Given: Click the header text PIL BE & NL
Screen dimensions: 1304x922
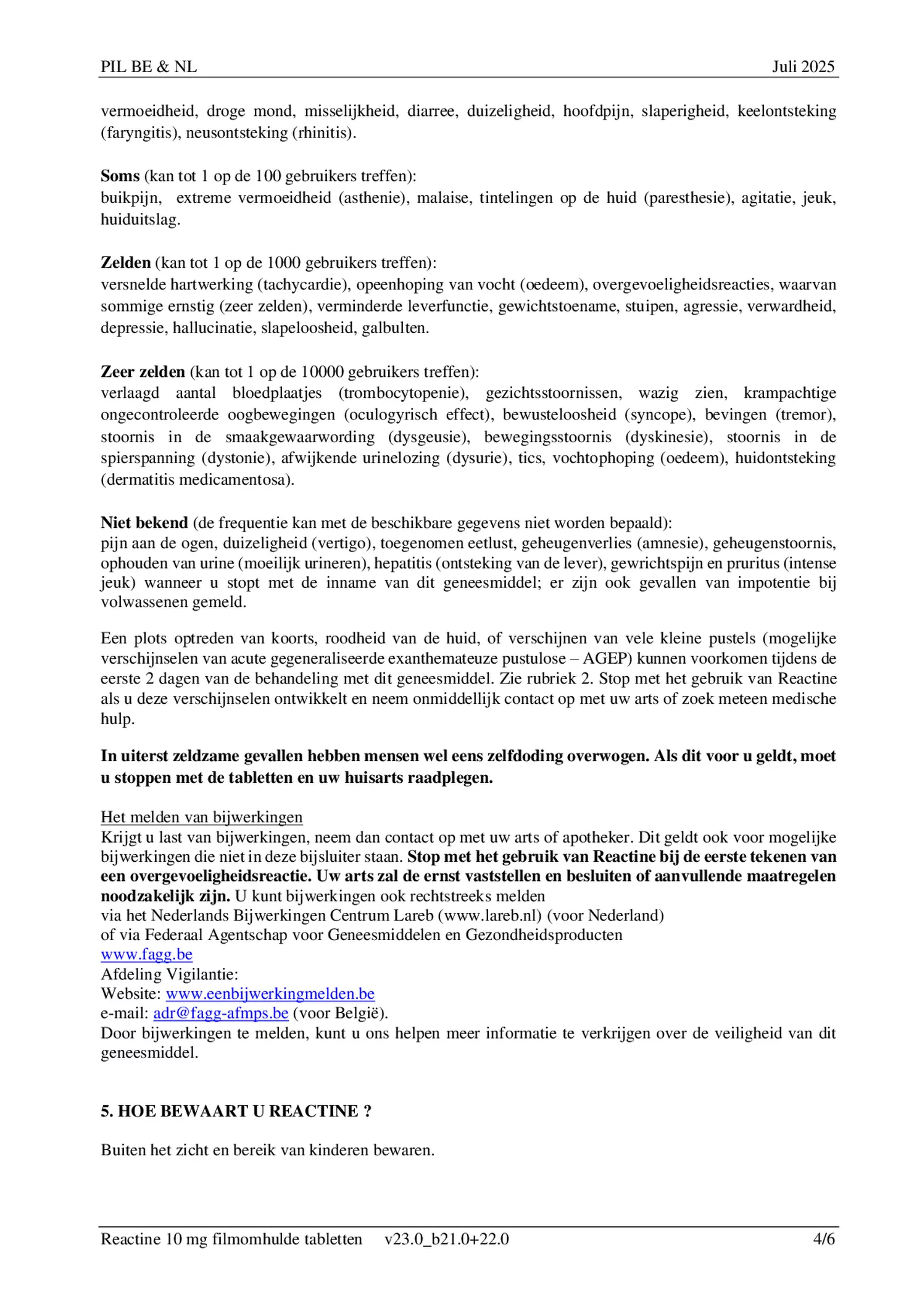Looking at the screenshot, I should coord(149,67).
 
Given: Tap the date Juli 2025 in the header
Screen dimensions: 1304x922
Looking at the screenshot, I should coord(803,67).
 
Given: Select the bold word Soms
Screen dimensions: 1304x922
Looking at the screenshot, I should coord(120,176).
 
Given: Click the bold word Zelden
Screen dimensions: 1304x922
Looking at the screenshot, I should coord(125,263).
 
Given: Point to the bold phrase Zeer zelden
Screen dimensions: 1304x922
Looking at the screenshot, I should coord(143,372).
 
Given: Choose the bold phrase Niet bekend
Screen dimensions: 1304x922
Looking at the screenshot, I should coord(144,523).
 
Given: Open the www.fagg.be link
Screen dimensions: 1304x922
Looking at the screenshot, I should coord(146,955).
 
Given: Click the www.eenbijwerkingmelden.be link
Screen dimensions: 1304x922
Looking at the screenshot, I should coord(270,994).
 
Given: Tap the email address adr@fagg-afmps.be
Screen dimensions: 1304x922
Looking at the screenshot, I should coord(220,1013).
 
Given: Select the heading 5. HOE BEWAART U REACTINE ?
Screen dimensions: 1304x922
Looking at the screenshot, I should coord(236,1111).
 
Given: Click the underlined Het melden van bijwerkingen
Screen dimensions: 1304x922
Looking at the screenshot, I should coord(201,817).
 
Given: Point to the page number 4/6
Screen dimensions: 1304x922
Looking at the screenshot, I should coord(824,1239).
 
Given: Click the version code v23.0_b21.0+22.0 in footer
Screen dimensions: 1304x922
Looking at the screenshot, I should coord(446,1239).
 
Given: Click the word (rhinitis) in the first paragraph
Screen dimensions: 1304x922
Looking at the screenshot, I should coord(323,133).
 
